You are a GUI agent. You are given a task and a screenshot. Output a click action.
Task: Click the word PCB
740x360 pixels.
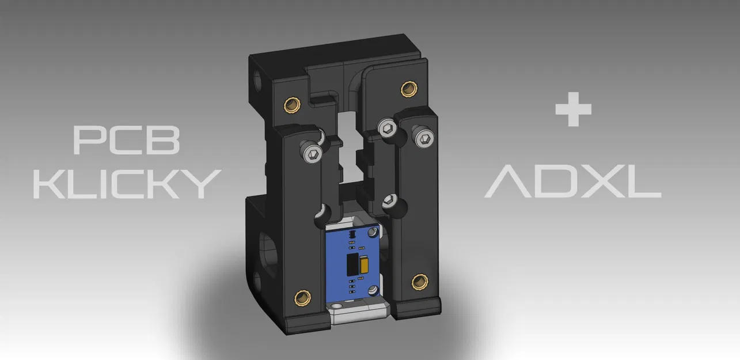[127, 140]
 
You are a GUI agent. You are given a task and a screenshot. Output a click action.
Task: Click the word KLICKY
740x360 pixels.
[127, 183]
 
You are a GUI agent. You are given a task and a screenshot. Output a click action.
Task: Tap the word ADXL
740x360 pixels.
[572, 183]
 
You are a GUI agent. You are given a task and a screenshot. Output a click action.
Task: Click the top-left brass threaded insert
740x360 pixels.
[293, 105]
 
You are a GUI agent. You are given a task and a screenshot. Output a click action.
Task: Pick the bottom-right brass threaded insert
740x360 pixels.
[419, 282]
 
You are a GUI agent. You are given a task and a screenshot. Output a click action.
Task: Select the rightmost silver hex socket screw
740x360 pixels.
[425, 138]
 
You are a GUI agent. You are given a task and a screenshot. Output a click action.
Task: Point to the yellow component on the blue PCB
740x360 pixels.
[364, 265]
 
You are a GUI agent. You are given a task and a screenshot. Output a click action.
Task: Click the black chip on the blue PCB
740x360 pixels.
[350, 266]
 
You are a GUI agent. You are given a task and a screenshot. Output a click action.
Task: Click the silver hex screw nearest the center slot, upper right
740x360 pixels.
[388, 129]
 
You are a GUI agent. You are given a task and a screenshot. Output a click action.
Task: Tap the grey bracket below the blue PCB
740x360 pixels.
[357, 314]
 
